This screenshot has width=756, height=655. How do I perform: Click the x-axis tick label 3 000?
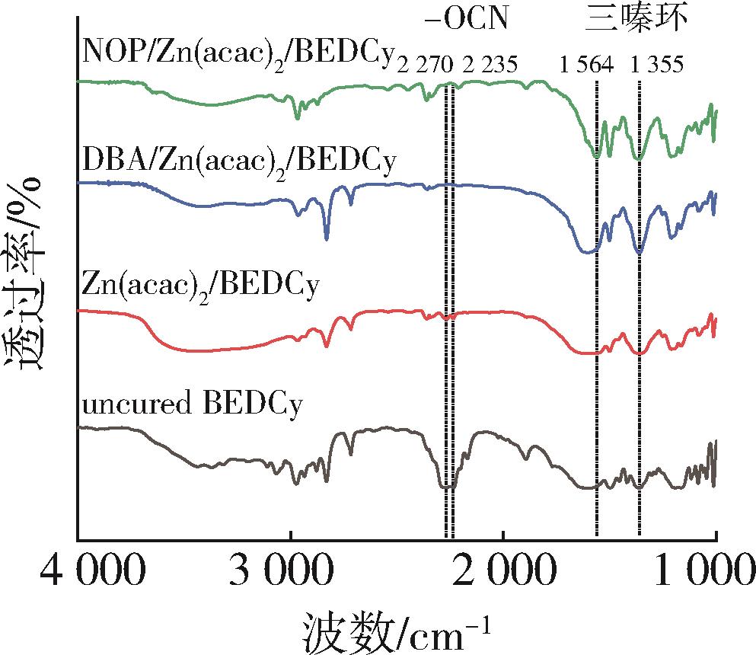(290, 569)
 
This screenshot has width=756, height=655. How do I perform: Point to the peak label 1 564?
(585, 65)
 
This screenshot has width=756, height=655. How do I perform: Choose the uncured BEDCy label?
(191, 403)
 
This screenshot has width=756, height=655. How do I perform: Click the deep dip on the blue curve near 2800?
(327, 238)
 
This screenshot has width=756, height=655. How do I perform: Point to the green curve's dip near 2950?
(297, 117)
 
